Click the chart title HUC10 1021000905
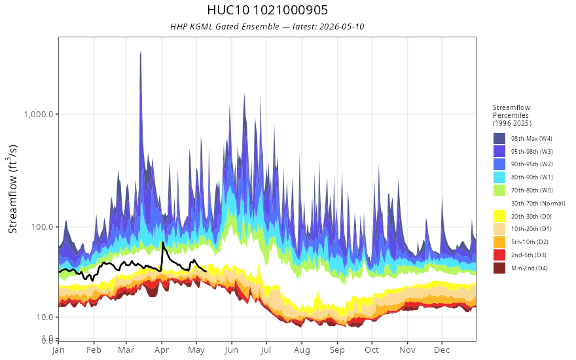pyautogui.click(x=267, y=10)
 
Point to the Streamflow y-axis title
pyautogui.click(x=13, y=189)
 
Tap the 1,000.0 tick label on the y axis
pyautogui.click(x=41, y=114)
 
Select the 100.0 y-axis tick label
pyautogui.click(x=45, y=226)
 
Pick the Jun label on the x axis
pyautogui.click(x=232, y=350)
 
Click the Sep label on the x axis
pyautogui.click(x=337, y=350)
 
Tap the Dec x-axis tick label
pyautogui.click(x=442, y=350)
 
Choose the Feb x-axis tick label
pyautogui.click(x=94, y=350)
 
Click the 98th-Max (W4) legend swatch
pyautogui.click(x=499, y=139)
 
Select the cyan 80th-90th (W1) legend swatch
pyautogui.click(x=499, y=177)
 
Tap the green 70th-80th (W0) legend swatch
pyautogui.click(x=499, y=190)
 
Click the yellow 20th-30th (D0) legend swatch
pyautogui.click(x=499, y=216)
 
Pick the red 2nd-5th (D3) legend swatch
pyautogui.click(x=499, y=255)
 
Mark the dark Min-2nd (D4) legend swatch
pyautogui.click(x=499, y=268)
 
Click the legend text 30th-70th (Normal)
pyautogui.click(x=538, y=203)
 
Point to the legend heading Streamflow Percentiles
pyautogui.click(x=512, y=111)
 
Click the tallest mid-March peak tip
pyautogui.click(x=141, y=52)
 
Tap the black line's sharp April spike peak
pyautogui.click(x=162, y=242)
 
